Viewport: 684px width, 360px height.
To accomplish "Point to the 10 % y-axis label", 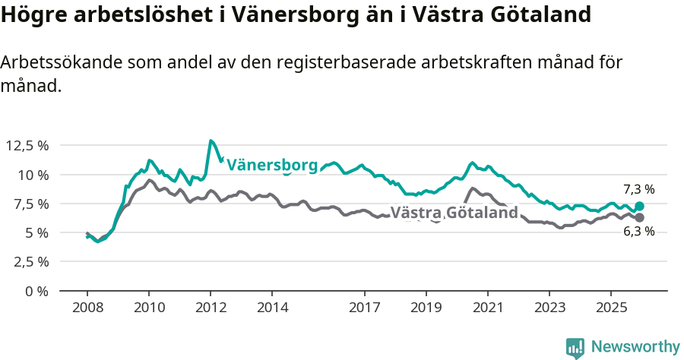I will click(x=33, y=175).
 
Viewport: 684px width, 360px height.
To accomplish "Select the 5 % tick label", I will click(x=36, y=232).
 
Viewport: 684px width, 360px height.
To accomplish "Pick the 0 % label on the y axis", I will click(x=36, y=291).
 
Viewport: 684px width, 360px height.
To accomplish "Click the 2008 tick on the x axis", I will click(x=87, y=308).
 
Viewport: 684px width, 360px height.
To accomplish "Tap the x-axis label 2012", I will click(x=210, y=308).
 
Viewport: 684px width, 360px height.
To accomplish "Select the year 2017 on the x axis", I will click(x=364, y=308).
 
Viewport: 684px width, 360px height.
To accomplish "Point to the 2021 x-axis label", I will click(x=487, y=308).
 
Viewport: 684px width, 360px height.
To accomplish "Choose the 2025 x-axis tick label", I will click(x=610, y=308).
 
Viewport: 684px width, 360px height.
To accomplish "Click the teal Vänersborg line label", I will click(x=272, y=165).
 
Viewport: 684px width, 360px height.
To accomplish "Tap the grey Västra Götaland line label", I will click(x=454, y=213).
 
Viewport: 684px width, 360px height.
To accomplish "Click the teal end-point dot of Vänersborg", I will click(x=639, y=206).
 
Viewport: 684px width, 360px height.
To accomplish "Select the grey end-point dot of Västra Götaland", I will click(x=639, y=218).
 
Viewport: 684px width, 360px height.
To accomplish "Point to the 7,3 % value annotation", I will click(x=638, y=189).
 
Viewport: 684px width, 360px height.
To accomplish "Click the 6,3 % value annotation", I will click(x=638, y=232).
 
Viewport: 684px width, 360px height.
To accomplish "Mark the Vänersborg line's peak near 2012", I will click(x=211, y=141).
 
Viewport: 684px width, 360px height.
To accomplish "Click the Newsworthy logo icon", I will click(x=575, y=348).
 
